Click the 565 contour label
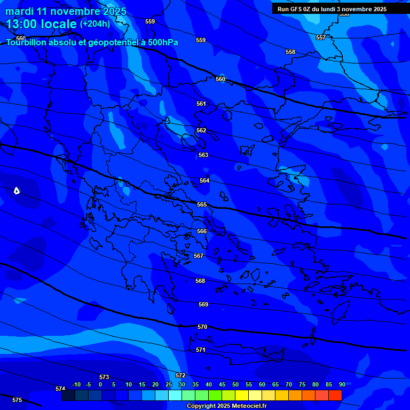202,205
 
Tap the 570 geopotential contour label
202,327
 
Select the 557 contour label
320,38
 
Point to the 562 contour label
201,131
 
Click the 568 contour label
200,281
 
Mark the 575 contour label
17,400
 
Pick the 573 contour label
104,377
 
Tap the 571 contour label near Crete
201,350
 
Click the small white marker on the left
17,191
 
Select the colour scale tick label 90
342,385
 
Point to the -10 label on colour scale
76,385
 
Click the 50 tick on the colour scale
235,385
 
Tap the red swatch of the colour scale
335,396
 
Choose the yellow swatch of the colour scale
242,396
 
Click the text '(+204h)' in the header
95,24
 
